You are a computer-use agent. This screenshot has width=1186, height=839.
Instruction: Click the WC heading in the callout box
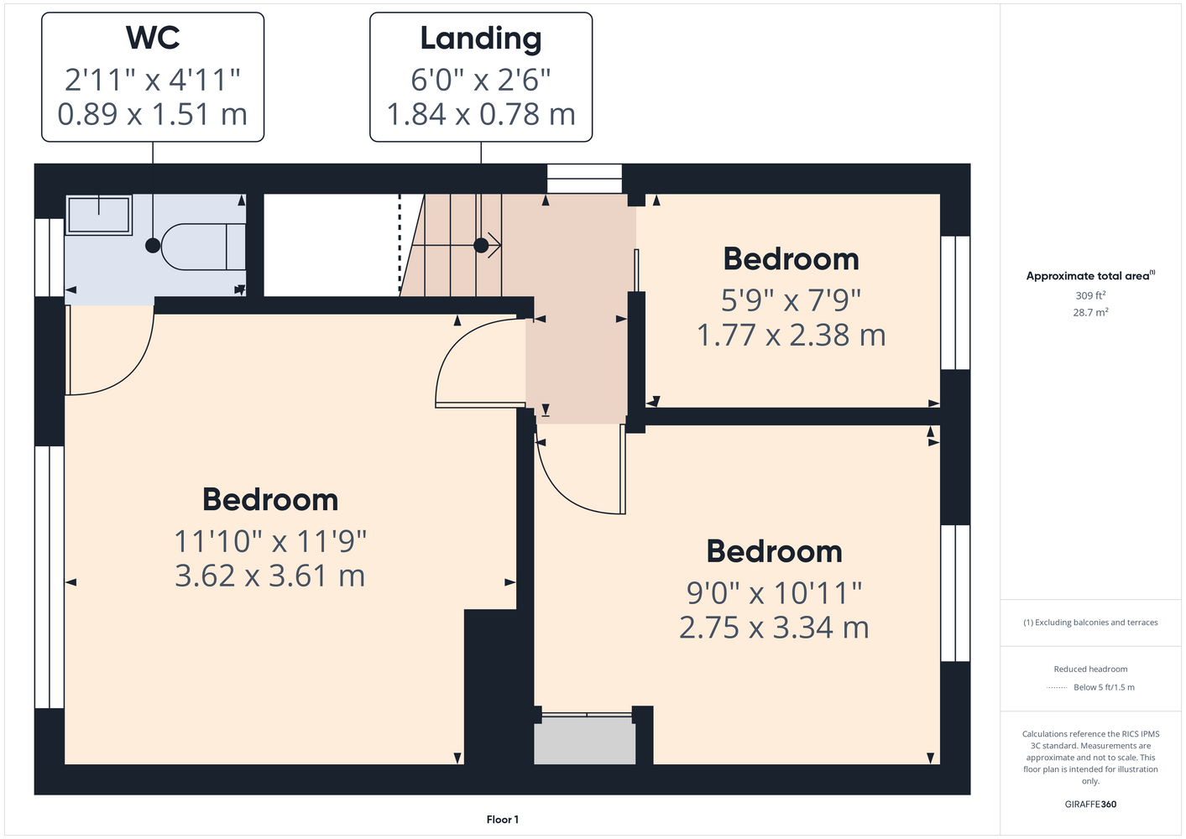(153, 38)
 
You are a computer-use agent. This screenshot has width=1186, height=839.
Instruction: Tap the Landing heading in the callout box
(481, 39)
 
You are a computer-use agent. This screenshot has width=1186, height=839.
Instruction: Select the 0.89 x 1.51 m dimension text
(153, 114)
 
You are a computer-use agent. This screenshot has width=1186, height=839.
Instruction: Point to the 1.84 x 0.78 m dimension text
(481, 114)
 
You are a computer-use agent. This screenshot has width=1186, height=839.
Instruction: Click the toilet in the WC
(203, 248)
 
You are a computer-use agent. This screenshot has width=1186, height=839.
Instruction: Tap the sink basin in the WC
(99, 215)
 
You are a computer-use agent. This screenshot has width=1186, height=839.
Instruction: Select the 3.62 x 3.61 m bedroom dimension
(270, 576)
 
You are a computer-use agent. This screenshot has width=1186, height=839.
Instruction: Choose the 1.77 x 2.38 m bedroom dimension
(791, 335)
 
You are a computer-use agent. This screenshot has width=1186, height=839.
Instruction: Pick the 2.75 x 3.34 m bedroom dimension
(774, 628)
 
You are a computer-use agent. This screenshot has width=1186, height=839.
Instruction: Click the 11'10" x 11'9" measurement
(270, 541)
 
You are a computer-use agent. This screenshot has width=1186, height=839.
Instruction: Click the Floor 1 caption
(503, 820)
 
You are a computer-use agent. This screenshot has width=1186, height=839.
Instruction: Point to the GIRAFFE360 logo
(1090, 804)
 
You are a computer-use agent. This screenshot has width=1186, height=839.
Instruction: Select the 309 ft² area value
(1090, 295)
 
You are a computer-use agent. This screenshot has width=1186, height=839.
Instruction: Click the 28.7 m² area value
(1090, 312)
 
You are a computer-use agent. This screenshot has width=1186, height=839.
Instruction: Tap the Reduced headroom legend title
(1090, 669)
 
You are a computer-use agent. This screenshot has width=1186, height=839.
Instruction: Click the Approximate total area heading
(1090, 275)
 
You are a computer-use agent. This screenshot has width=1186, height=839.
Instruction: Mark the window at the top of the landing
(584, 179)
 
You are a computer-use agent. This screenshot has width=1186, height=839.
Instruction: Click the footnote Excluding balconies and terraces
(1090, 623)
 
